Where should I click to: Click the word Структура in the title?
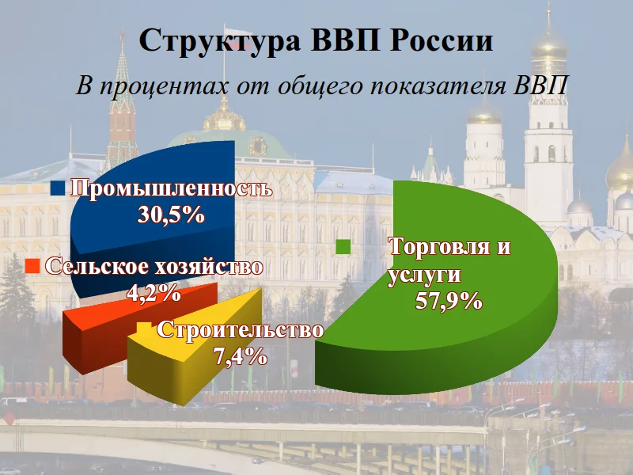tap(220, 41)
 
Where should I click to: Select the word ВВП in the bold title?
tap(345, 40)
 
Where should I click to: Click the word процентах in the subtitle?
tap(165, 86)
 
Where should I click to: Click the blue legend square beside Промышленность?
tap(58, 188)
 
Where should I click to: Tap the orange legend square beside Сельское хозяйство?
tap(32, 267)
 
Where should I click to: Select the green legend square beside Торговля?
tap(343, 247)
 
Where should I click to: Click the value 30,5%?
tap(171, 215)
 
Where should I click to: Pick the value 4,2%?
tap(154, 293)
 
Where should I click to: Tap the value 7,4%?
tap(241, 355)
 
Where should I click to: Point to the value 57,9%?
tap(449, 301)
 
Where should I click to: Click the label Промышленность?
tap(172, 188)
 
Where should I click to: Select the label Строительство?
tap(241, 330)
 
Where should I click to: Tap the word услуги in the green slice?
tap(424, 275)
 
